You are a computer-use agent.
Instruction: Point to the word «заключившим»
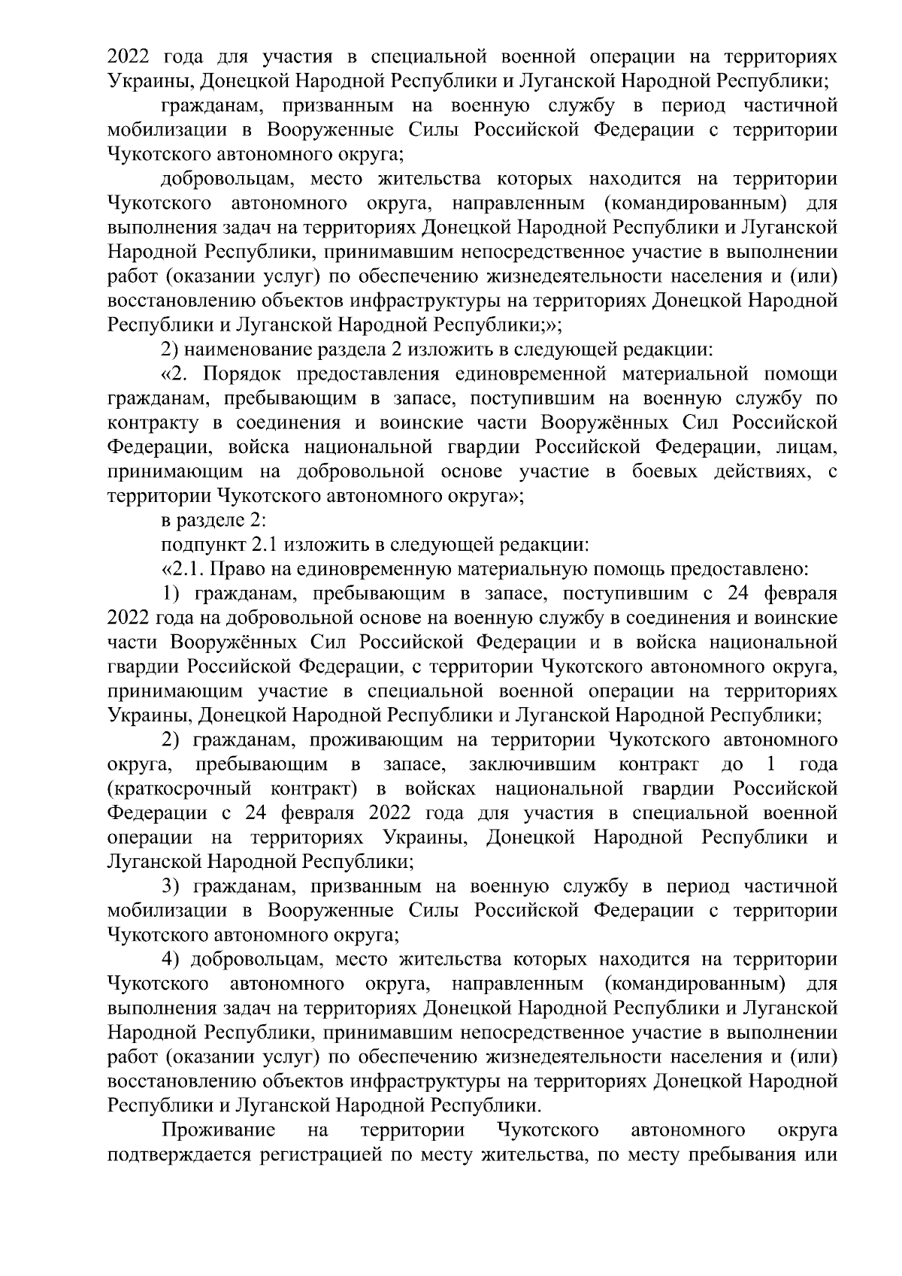[532, 765]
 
